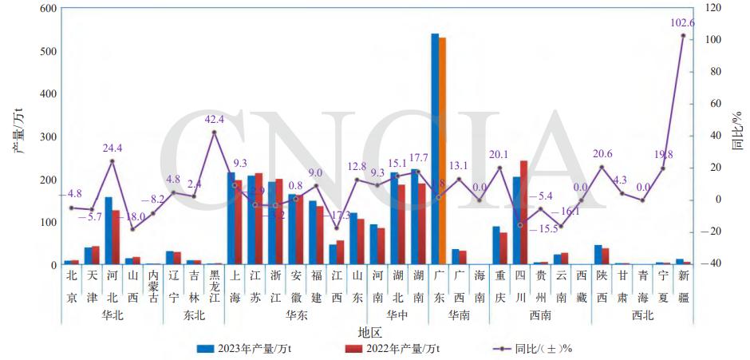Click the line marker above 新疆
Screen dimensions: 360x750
(x=683, y=36)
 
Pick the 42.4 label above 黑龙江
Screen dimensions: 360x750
(x=215, y=120)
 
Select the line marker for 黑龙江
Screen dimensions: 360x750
(x=214, y=133)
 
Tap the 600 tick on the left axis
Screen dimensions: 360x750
(x=48, y=9)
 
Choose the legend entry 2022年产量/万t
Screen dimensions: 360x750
(x=391, y=349)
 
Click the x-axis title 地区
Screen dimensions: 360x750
(x=369, y=331)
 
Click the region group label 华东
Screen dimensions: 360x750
(x=297, y=315)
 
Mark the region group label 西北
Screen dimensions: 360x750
(x=641, y=315)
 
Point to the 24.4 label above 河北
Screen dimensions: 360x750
(x=112, y=148)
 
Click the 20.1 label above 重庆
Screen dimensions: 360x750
(x=499, y=155)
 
